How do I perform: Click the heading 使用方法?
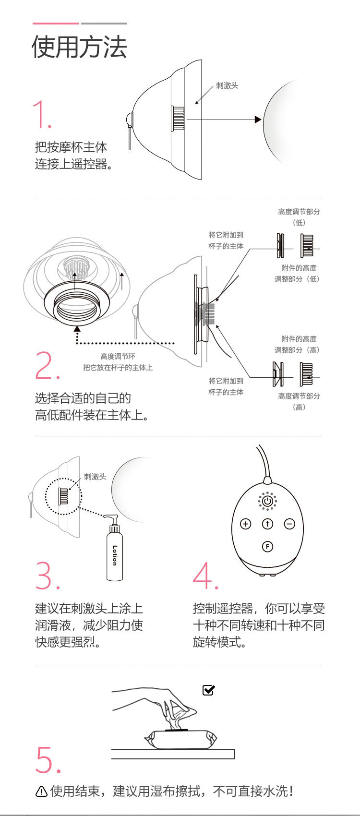click(x=79, y=47)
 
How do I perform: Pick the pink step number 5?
click(x=48, y=759)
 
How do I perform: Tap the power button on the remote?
click(x=267, y=501)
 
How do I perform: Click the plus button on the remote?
click(x=245, y=524)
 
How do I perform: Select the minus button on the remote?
click(x=289, y=524)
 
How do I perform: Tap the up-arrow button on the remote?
click(x=267, y=524)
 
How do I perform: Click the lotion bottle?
click(x=114, y=552)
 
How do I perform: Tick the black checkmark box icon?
click(x=209, y=690)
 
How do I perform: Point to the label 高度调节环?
click(x=118, y=356)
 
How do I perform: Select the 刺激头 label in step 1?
click(x=227, y=85)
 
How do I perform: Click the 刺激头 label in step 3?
click(x=95, y=477)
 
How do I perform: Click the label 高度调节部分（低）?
click(x=299, y=216)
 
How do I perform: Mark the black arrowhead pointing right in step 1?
click(x=258, y=120)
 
